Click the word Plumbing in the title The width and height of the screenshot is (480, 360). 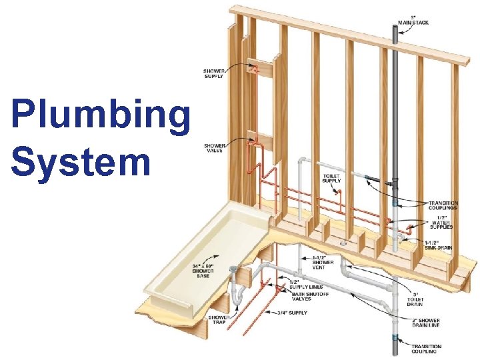coord(100,114)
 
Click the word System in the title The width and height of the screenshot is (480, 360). coord(81,162)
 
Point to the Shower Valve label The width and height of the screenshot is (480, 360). coord(215,147)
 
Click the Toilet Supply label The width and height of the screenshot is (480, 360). coord(331,177)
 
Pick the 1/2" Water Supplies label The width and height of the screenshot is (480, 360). coord(441,222)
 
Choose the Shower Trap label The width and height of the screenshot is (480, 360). coord(220,321)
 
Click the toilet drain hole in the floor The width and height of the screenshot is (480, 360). coord(343,244)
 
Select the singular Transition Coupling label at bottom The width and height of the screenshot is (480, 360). coord(427,349)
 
